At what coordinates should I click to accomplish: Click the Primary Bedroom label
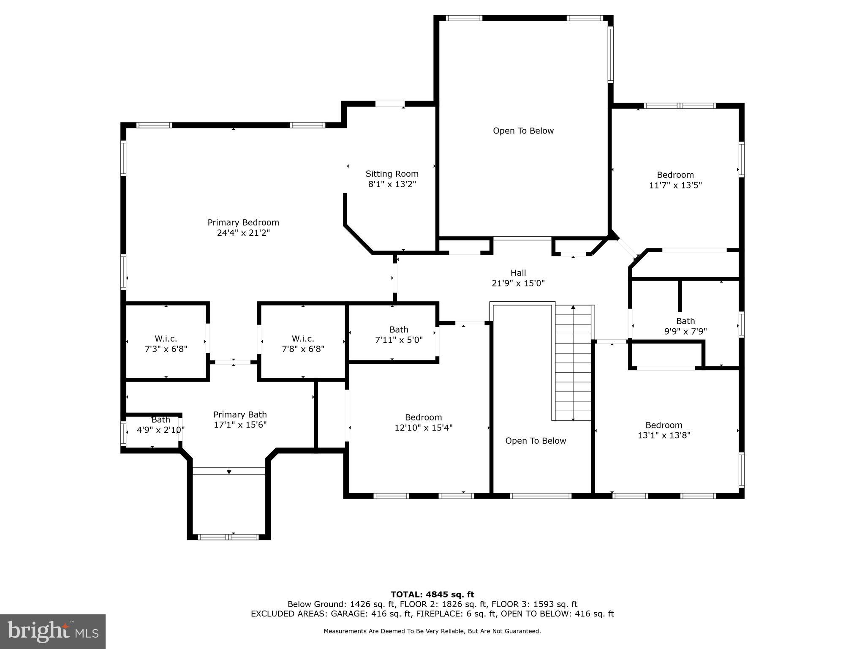click(243, 223)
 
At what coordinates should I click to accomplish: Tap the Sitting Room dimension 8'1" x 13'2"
click(392, 184)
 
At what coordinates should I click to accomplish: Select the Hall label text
click(518, 273)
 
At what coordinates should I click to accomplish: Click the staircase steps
click(573, 363)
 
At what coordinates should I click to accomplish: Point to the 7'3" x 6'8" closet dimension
click(166, 349)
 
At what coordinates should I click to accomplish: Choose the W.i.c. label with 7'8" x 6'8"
click(302, 339)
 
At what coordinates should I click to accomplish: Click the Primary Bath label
click(240, 414)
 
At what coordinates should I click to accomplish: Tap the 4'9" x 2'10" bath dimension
click(160, 430)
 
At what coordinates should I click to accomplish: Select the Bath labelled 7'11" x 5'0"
click(398, 330)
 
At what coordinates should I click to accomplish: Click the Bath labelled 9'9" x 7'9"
click(685, 321)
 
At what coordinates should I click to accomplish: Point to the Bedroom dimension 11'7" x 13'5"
click(675, 185)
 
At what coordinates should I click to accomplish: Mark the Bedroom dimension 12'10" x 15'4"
click(423, 428)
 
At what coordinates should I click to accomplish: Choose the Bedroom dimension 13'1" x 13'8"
click(664, 435)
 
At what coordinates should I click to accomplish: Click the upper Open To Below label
click(523, 131)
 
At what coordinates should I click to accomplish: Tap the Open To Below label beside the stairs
click(535, 441)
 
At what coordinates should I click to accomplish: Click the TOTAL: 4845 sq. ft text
click(432, 594)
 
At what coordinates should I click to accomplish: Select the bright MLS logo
click(53, 631)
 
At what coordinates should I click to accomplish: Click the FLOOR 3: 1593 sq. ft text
click(534, 604)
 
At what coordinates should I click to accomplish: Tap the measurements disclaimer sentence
click(432, 631)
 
